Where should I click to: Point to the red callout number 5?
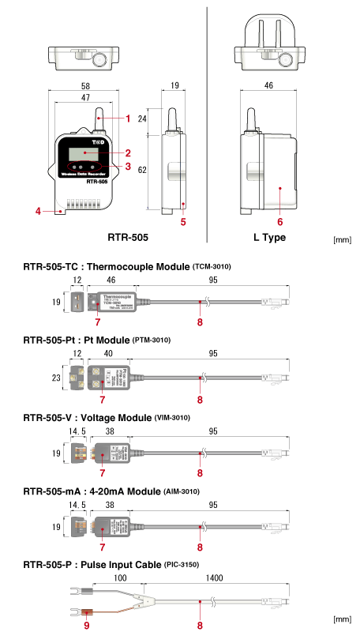[183, 222]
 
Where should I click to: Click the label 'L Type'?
[269, 237]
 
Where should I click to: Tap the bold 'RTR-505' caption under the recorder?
[128, 237]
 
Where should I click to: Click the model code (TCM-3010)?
[212, 267]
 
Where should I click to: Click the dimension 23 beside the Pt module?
[55, 378]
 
